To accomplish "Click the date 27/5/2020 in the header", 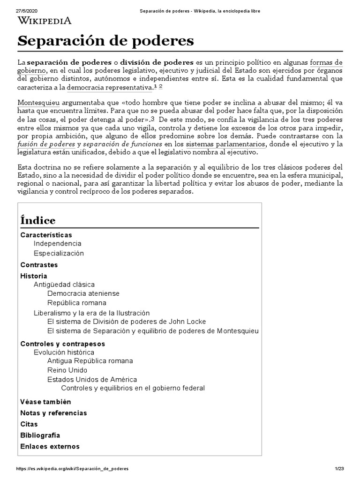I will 27,10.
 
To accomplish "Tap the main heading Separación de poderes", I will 105,41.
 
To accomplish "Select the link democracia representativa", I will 109,88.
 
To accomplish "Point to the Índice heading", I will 38,220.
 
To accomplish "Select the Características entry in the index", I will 46,235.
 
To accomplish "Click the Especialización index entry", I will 59,253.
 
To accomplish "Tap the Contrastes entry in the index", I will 38,265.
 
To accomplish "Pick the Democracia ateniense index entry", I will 83,293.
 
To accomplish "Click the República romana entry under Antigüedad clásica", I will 76,303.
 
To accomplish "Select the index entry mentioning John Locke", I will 127,322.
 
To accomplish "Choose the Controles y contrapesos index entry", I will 62,344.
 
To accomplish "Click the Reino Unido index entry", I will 67,370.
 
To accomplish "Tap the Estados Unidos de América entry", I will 92,379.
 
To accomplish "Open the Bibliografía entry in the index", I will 40,435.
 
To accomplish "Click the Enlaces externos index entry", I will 50,446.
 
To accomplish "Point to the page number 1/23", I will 340,469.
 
